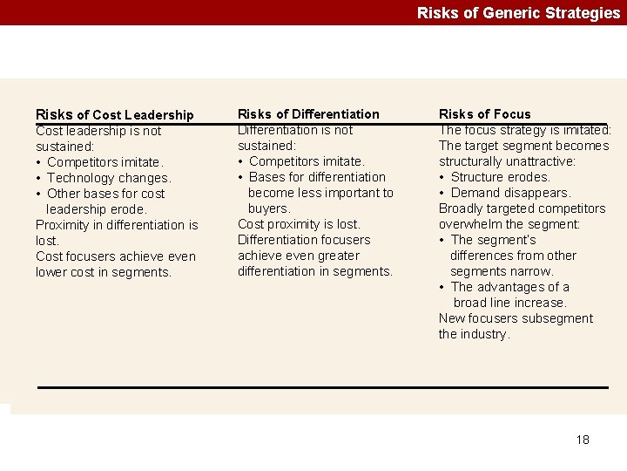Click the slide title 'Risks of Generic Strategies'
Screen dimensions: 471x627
(x=518, y=12)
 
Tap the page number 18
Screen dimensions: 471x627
(x=583, y=440)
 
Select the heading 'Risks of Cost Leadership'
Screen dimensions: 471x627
(x=114, y=114)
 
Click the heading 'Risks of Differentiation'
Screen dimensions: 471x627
(x=308, y=113)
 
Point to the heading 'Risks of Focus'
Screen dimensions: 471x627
(x=484, y=113)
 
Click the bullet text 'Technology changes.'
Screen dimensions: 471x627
(x=109, y=178)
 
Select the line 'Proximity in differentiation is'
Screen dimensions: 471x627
(x=117, y=225)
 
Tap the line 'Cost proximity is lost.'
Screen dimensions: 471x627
(x=299, y=224)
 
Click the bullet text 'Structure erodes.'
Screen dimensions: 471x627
(x=501, y=177)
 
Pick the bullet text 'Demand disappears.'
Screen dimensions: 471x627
(x=510, y=193)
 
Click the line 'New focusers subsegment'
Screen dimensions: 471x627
(x=516, y=318)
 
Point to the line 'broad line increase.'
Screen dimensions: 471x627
(x=509, y=303)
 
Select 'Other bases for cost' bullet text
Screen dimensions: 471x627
(x=105, y=194)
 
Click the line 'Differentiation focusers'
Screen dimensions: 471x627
(x=304, y=240)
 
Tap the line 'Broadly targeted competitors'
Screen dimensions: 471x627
(x=522, y=208)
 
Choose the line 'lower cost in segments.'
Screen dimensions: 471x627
(x=104, y=272)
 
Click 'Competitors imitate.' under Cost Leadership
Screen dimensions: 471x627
(x=104, y=162)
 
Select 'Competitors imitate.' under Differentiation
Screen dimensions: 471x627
(x=307, y=161)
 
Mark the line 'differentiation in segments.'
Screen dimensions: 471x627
(x=315, y=271)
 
